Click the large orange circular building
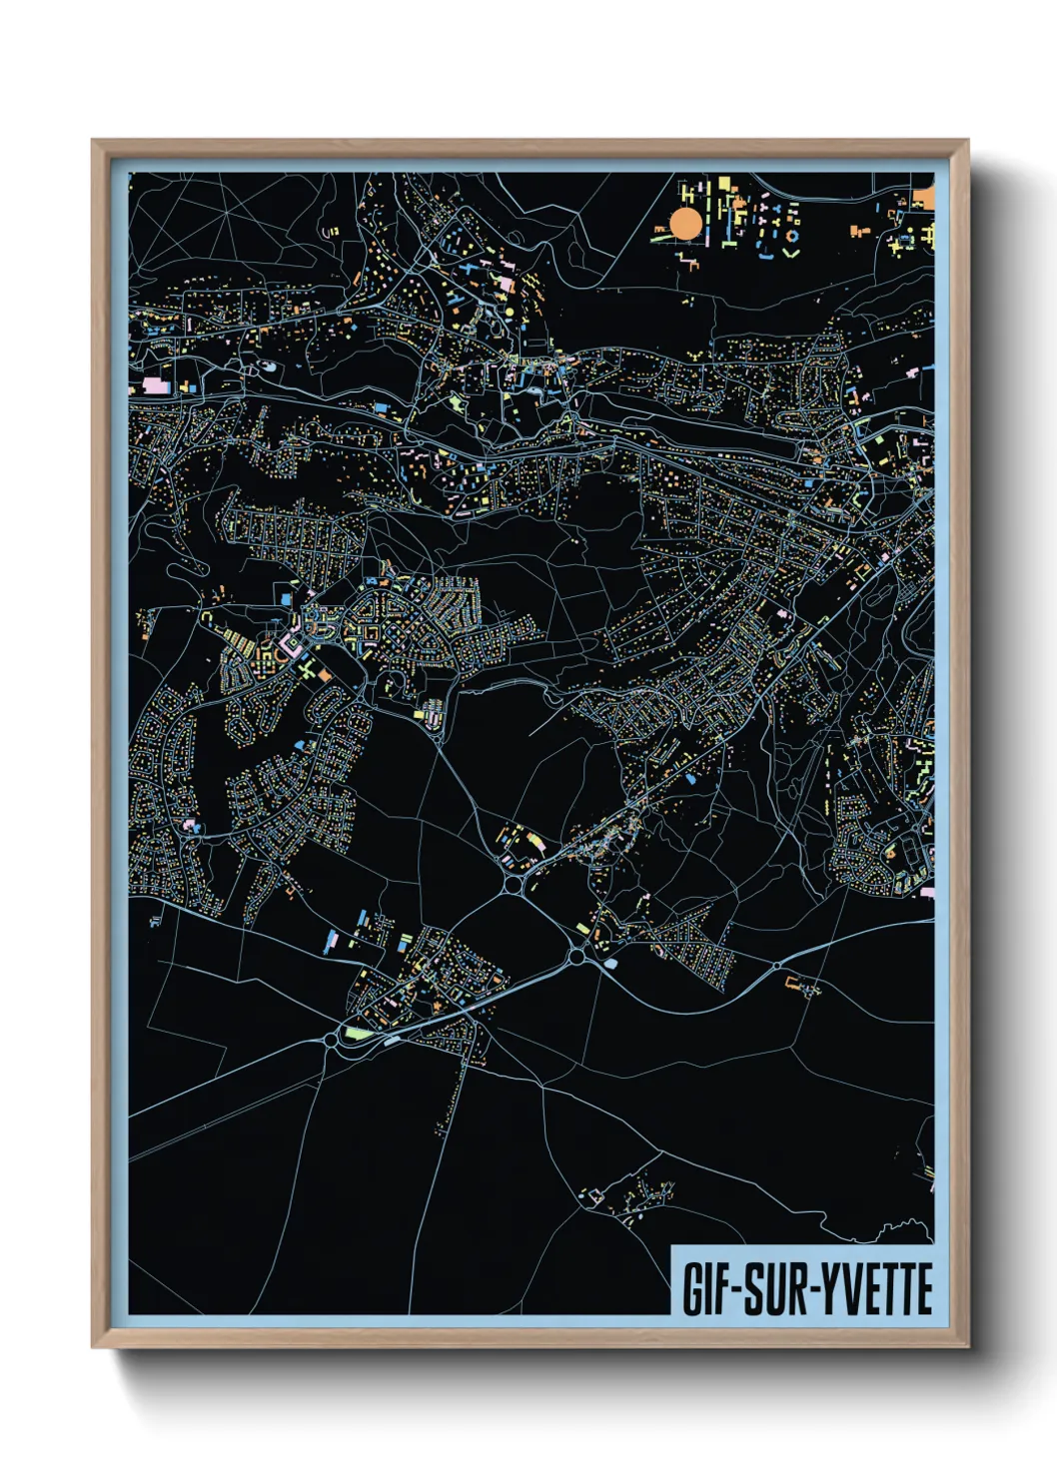pos(686,224)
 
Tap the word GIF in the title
pos(706,1289)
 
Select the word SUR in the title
pos(781,1289)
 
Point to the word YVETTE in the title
pos(878,1289)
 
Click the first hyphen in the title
pos(738,1291)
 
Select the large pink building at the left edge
pos(155,384)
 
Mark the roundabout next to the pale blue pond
pos(576,958)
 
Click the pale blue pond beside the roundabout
pos(610,964)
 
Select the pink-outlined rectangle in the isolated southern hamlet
pos(591,1194)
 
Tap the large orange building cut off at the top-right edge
pos(925,199)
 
